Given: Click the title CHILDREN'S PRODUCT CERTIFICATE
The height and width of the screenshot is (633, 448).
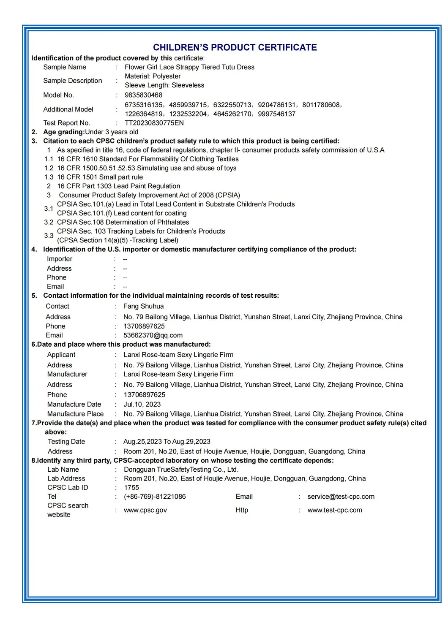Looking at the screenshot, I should click(235, 47).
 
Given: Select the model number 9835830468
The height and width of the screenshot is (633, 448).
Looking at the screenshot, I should click(143, 95).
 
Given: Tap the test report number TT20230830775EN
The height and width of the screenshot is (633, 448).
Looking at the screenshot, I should click(154, 123).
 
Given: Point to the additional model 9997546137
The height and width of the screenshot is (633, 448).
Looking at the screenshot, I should click(276, 114).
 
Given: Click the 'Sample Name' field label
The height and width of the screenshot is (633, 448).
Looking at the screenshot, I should click(64, 67).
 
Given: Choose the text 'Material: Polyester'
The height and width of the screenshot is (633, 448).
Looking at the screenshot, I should click(153, 76).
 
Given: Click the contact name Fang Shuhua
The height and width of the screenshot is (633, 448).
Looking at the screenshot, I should click(143, 306).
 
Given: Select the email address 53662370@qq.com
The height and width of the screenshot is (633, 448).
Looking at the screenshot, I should click(153, 335).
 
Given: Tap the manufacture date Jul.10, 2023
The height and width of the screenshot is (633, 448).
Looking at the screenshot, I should click(142, 404).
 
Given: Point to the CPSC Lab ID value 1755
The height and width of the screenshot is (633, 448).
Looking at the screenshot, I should click(131, 487).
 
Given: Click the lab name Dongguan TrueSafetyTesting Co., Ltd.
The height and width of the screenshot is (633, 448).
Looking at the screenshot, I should click(181, 469).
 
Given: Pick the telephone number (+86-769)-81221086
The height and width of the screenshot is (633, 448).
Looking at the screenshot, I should click(155, 497).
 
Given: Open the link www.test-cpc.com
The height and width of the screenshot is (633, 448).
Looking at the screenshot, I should click(334, 510).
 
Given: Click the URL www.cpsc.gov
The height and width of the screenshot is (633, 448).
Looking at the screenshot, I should click(145, 510).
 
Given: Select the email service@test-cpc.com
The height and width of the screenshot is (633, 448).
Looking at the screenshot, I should click(341, 497).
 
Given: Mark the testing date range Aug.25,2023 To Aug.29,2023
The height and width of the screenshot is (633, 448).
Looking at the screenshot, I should click(167, 441).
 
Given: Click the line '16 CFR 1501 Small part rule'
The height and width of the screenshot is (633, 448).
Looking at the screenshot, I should click(100, 177).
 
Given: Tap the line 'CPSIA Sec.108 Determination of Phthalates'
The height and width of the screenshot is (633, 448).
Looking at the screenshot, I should click(123, 222).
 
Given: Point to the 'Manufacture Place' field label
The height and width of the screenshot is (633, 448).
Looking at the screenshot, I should click(75, 414).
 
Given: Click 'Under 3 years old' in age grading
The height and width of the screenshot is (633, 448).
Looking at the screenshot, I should click(112, 132).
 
